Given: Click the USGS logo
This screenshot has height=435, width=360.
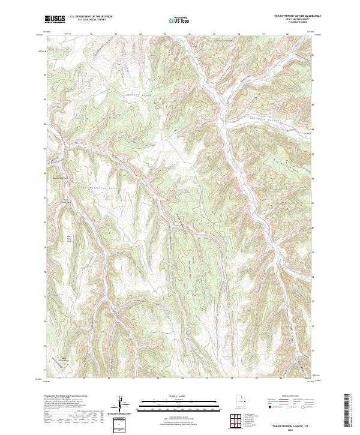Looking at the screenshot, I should (55, 19).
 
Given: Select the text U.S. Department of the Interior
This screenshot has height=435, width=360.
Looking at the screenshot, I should (90, 16).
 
